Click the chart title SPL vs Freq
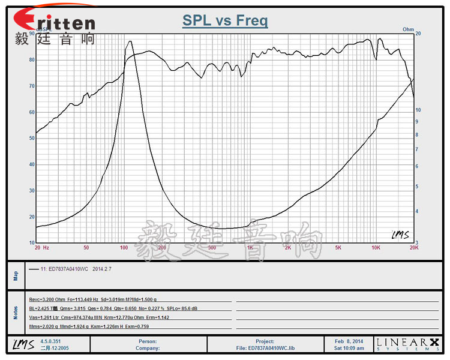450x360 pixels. click(x=225, y=21)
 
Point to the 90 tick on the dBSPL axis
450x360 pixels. click(x=32, y=34)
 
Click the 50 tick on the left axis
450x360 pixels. click(x=32, y=138)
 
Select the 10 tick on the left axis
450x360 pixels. click(x=32, y=242)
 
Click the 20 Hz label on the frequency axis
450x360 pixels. click(x=41, y=247)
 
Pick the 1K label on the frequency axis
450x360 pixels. click(x=250, y=247)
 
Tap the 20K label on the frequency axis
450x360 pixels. click(x=413, y=247)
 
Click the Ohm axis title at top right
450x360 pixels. click(x=409, y=29)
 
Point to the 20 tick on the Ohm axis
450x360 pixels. click(x=418, y=34)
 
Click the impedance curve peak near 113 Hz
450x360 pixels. click(x=130, y=41)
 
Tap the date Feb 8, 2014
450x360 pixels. click(x=349, y=341)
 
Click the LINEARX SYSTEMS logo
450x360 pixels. click(x=407, y=344)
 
